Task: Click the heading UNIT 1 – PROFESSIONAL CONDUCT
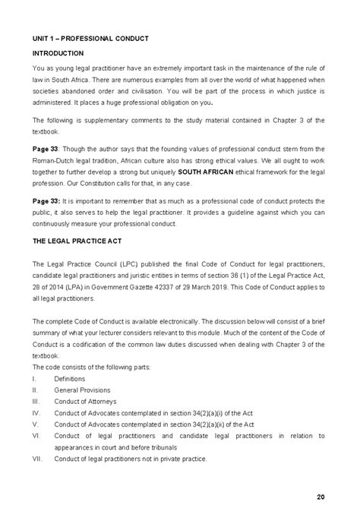pos(90,37)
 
